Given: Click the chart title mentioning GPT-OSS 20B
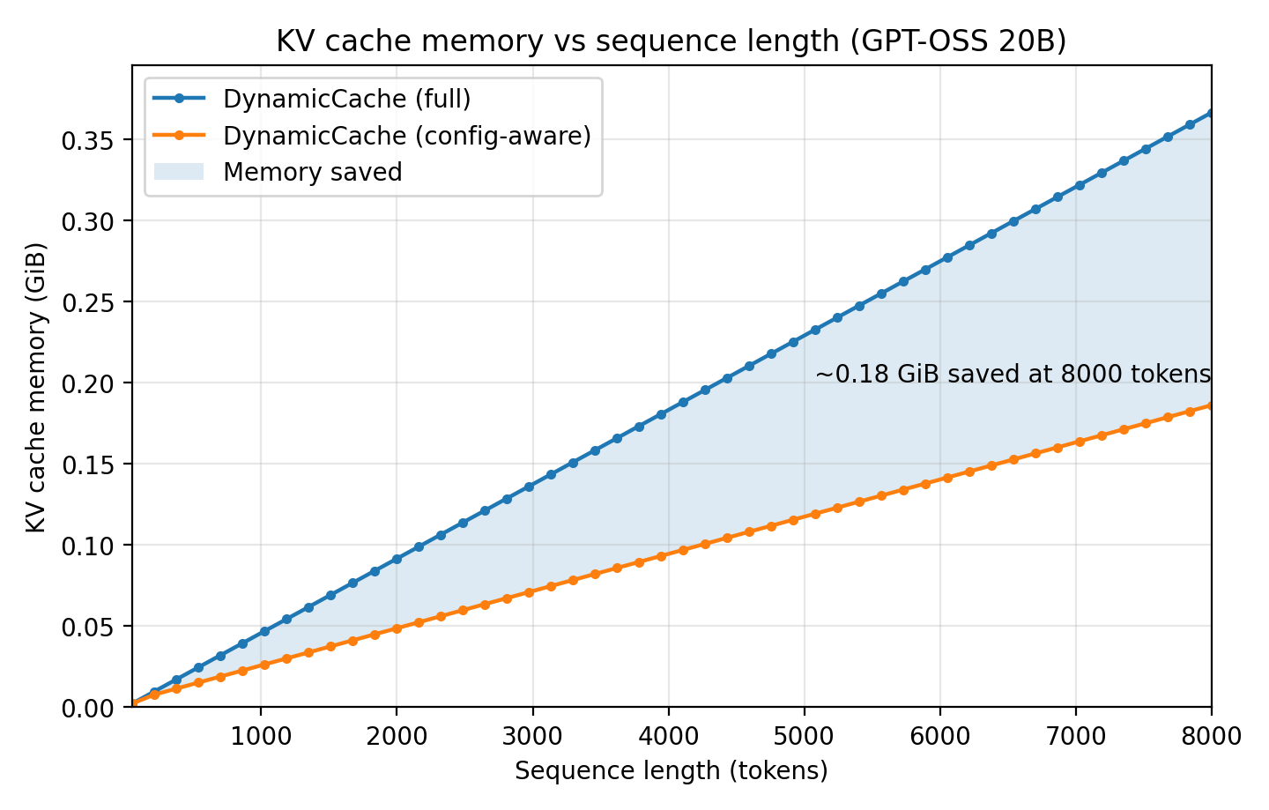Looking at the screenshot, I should coord(671,41).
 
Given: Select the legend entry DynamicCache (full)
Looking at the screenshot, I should coord(346,99).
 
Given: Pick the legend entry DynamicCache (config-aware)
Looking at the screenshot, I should coord(406,136).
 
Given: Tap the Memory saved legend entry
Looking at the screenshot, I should coord(312,172).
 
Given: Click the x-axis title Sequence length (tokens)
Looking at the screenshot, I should coord(671,771).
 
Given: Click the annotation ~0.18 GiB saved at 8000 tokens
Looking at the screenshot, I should coord(1013,375).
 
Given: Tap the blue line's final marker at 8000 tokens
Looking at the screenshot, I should coord(1211,113).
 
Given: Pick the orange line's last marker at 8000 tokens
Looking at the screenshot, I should coord(1211,405).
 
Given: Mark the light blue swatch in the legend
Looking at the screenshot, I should coord(179,172).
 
